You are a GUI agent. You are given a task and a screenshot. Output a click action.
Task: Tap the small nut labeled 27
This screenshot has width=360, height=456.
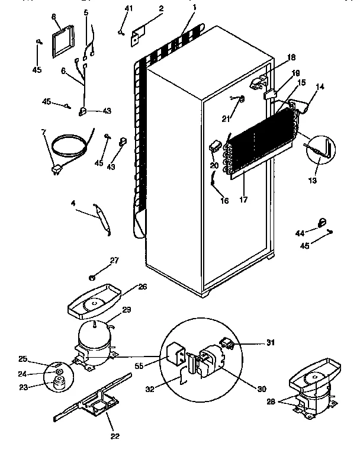pyautogui.click(x=93, y=276)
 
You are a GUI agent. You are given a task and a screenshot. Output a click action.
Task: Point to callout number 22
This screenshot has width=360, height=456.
pyautogui.click(x=115, y=436)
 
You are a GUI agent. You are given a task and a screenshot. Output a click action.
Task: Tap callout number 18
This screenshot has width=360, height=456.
pyautogui.click(x=291, y=57)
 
